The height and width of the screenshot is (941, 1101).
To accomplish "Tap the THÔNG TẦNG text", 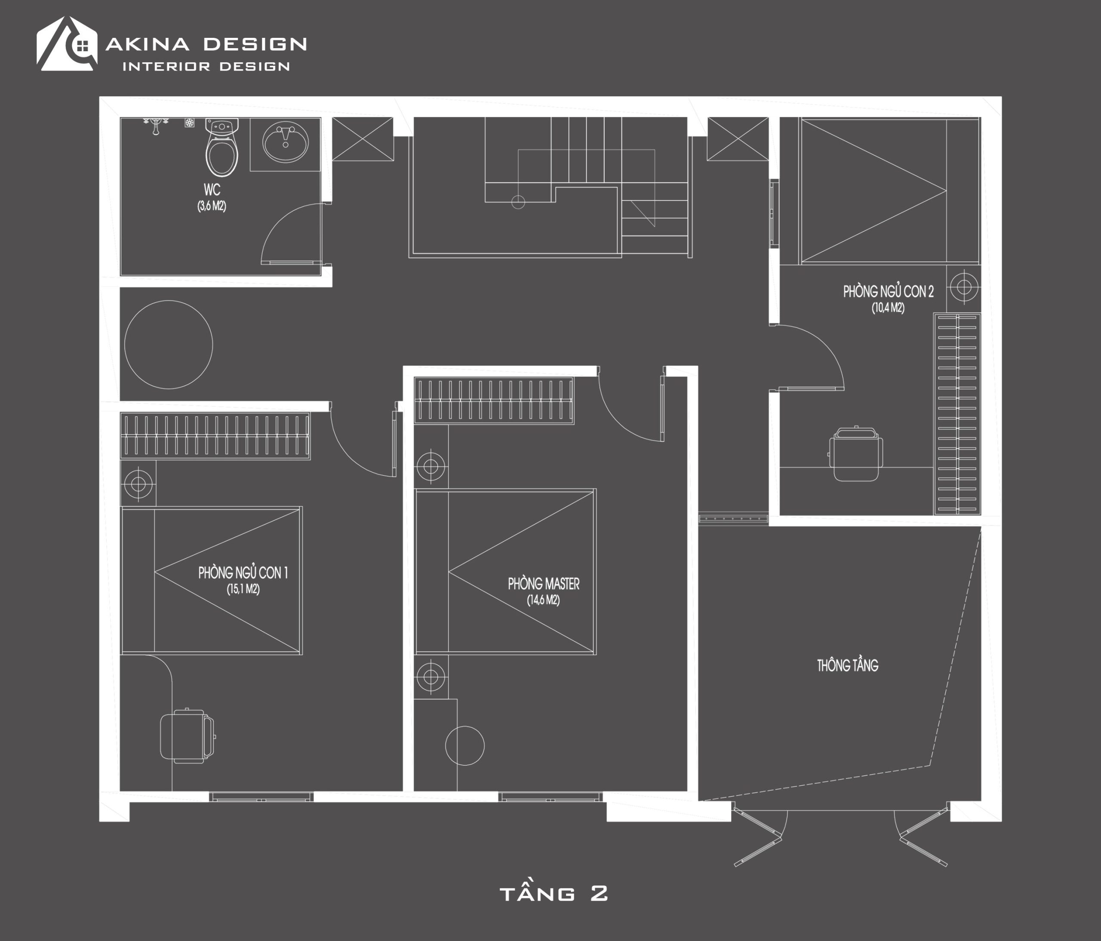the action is (x=848, y=665).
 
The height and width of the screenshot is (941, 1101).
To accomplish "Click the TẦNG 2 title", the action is (x=554, y=893).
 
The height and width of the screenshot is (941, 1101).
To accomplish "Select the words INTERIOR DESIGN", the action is (x=206, y=66).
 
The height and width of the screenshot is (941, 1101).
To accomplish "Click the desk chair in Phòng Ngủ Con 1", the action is (x=188, y=736).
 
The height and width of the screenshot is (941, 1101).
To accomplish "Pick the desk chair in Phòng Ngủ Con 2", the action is (x=855, y=454).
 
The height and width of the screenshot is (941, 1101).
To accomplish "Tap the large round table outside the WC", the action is (x=169, y=345).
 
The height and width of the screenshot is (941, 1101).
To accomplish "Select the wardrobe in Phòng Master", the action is (x=494, y=401).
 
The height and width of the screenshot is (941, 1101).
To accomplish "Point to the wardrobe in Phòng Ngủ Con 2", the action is (x=957, y=414).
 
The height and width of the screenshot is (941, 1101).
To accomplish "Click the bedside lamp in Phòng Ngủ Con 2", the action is (x=964, y=287).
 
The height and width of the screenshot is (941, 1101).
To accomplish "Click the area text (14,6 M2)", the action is (x=543, y=600).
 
